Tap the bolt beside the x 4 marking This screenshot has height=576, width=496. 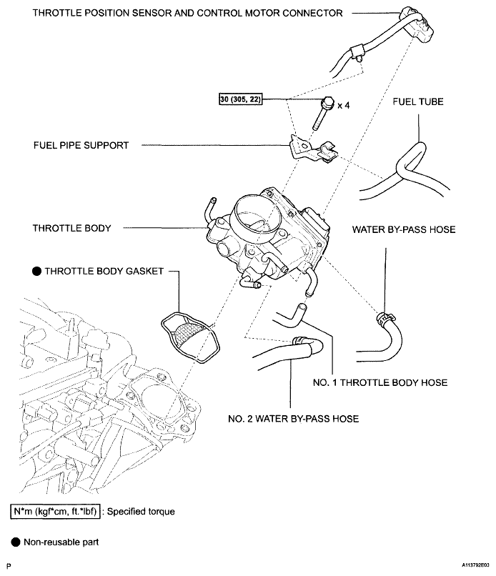click(323, 113)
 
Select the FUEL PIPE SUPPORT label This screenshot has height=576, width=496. click(81, 146)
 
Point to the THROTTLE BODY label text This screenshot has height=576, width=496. click(72, 229)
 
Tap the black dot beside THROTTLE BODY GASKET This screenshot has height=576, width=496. click(36, 272)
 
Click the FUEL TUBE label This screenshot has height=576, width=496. click(418, 101)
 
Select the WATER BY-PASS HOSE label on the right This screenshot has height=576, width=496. click(404, 230)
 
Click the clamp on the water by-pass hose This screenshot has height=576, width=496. click(385, 318)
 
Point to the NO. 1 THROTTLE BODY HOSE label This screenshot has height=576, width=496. click(380, 383)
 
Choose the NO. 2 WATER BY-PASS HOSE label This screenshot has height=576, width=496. click(294, 419)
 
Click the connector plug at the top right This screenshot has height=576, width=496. click(418, 22)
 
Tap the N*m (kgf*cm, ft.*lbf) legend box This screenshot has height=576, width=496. click(55, 512)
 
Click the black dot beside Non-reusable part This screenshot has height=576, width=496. click(16, 542)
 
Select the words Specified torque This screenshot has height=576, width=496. click(141, 512)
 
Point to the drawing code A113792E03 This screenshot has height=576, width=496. click(475, 565)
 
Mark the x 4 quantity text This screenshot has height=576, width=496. click(344, 106)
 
